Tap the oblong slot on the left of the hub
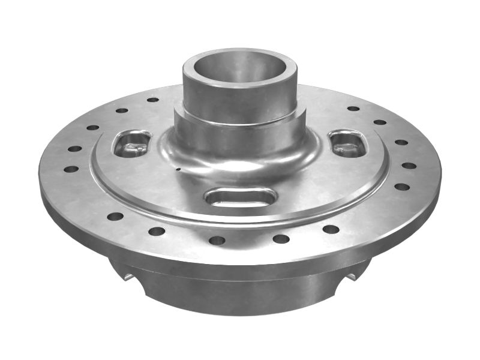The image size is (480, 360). click(x=132, y=143)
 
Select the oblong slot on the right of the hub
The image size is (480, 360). click(x=347, y=143)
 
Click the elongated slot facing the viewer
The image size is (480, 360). click(x=240, y=196)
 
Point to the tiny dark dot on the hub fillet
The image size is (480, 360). click(x=178, y=169)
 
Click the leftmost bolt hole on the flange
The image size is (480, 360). click(x=71, y=169)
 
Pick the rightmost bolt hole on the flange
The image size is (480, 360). click(x=409, y=166)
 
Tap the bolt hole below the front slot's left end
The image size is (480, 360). click(x=217, y=240)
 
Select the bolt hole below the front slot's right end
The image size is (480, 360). click(x=281, y=239)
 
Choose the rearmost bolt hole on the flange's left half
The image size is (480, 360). click(x=153, y=99)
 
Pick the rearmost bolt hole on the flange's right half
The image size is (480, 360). click(x=353, y=109)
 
